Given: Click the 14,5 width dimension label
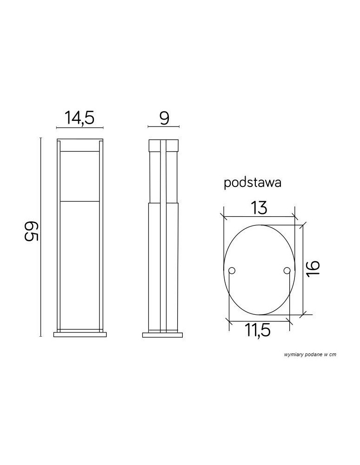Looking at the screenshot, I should tap(80, 118).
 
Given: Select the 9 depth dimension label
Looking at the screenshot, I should tap(164, 118).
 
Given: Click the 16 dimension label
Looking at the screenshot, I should tap(313, 269).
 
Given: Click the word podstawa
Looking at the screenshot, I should tap(253, 183).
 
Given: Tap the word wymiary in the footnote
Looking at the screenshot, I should tap(293, 354).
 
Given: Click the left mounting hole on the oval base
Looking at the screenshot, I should tap(233, 271).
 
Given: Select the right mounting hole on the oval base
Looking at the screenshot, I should tap(287, 271).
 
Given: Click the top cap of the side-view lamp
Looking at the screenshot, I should tap(163, 145).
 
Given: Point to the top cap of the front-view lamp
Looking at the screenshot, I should tap(80, 145).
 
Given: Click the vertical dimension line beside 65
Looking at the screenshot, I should tap(40, 237).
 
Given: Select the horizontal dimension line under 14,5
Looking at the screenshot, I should tap(80, 127).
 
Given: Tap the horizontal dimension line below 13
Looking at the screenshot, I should tap(259, 217).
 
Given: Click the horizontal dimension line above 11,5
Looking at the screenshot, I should tap(259, 319).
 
